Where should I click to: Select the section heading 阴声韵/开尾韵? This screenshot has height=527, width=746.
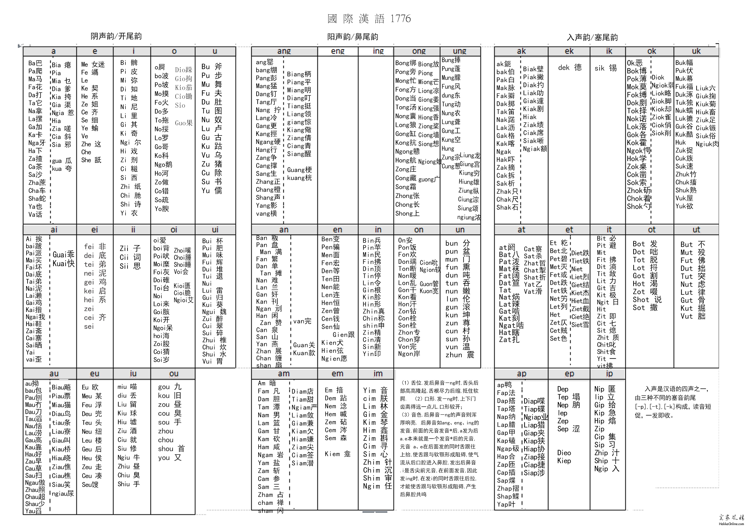pyautogui.click(x=116, y=36)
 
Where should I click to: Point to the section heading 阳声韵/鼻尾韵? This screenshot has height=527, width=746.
pyautogui.click(x=353, y=37)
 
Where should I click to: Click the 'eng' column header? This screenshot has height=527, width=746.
pyautogui.click(x=337, y=51)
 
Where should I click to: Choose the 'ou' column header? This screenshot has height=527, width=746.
pyautogui.click(x=174, y=374)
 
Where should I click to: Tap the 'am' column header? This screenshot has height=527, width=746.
pyautogui.click(x=284, y=374)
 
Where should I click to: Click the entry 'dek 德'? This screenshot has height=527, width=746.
pyautogui.click(x=569, y=68)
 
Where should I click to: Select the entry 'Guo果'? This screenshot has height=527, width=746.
pyautogui.click(x=184, y=123)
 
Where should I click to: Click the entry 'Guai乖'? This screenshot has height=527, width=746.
pyautogui.click(x=63, y=255)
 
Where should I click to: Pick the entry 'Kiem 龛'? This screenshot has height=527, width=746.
pyautogui.click(x=337, y=454)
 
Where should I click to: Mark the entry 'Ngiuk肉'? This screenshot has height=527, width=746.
pyautogui.click(x=707, y=144)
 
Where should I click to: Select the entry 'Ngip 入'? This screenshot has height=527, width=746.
pyautogui.click(x=607, y=469)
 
